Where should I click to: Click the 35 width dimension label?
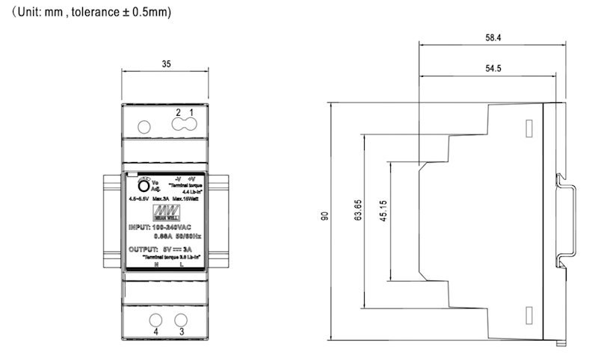(166, 65)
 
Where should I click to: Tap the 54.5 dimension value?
(492, 68)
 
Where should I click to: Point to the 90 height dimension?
(324, 217)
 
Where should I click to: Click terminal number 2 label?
(178, 112)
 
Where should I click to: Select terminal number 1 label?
(191, 112)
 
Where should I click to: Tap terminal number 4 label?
(156, 331)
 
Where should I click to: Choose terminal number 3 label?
(181, 331)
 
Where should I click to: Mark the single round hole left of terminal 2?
(145, 125)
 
